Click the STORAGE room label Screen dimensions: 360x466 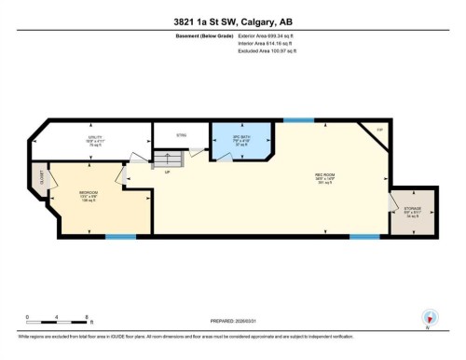pyautogui.click(x=411, y=210)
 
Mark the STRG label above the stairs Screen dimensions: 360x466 pyautogui.click(x=181, y=136)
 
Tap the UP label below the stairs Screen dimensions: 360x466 pyautogui.click(x=167, y=173)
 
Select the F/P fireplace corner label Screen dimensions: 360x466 pyautogui.click(x=379, y=129)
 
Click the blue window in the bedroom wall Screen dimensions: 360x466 pyautogui.click(x=120, y=236)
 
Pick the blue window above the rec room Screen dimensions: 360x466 pyautogui.click(x=298, y=119)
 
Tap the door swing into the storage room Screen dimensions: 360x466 pyautogui.click(x=392, y=202)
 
